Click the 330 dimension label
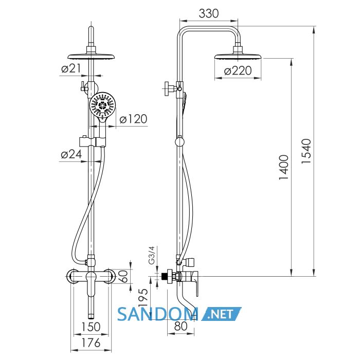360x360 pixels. (x=208, y=13)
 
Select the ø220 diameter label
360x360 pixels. (x=238, y=70)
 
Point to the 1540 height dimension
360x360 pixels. (x=307, y=151)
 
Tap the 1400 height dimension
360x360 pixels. (x=284, y=167)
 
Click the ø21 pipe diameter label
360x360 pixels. (x=71, y=68)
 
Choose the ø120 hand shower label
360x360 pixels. (x=133, y=119)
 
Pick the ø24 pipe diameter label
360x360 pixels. (x=71, y=154)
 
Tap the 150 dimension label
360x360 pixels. (x=91, y=327)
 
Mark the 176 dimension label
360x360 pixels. (x=91, y=343)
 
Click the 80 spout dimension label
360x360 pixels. (x=181, y=326)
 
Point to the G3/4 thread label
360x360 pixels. (x=152, y=255)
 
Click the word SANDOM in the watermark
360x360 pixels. (x=158, y=314)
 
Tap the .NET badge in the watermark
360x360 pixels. (x=221, y=314)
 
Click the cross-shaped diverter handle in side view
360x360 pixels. (x=170, y=88)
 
